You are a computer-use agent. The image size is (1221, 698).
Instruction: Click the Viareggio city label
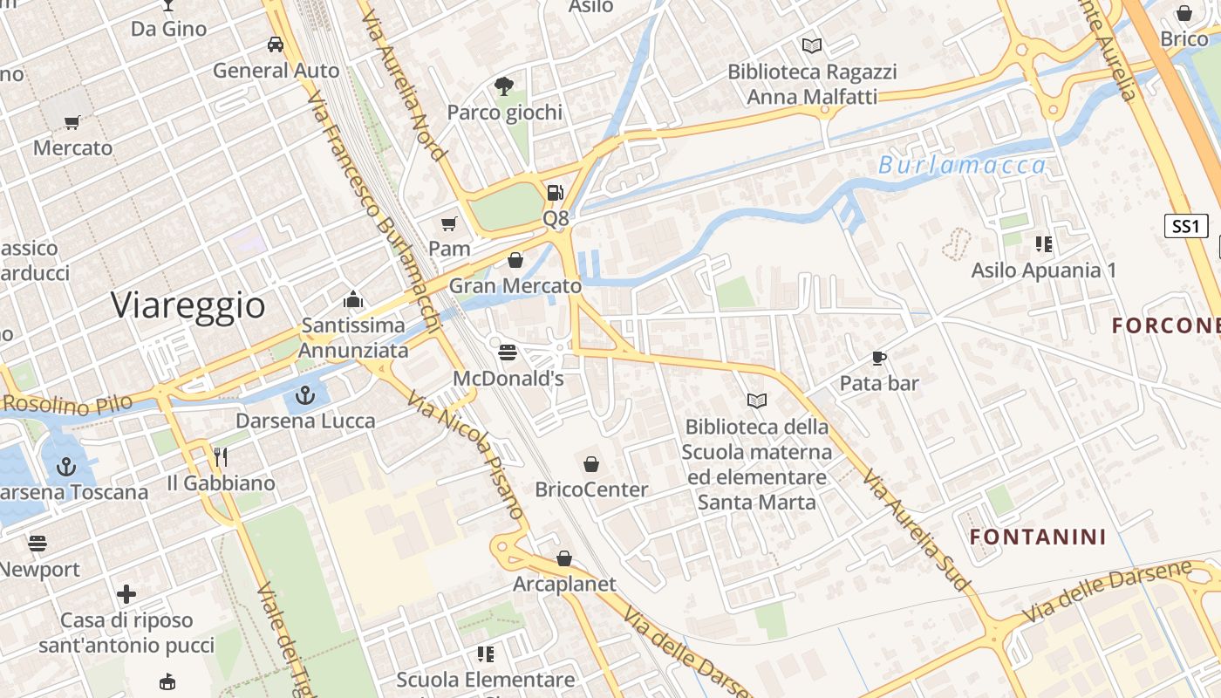point(188,305)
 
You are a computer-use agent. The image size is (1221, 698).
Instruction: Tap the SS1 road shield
point(1186,227)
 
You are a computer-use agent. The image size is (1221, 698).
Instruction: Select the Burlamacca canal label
point(962,165)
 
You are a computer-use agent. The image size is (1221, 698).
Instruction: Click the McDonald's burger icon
point(508,352)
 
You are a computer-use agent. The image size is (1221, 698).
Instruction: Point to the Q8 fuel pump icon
point(555,193)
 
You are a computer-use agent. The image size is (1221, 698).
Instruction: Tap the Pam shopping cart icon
point(449,224)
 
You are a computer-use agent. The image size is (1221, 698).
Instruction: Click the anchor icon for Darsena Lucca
point(304,396)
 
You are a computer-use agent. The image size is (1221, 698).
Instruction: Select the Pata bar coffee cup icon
point(879,358)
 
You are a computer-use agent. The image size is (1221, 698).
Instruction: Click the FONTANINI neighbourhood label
point(1038,537)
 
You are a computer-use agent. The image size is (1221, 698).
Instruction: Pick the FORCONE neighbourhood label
point(1166,325)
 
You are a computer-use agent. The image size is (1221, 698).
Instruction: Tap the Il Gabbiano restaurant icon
point(221,456)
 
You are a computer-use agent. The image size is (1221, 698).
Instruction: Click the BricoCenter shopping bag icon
point(591,463)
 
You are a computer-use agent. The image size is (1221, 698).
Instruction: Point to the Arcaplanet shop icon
point(564,558)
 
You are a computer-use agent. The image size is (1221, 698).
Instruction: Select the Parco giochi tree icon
point(503,86)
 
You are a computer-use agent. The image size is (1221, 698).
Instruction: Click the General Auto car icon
point(276,44)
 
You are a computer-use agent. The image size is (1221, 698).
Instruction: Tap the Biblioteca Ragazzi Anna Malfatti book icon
point(812,45)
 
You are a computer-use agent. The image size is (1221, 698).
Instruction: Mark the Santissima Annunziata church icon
point(353,299)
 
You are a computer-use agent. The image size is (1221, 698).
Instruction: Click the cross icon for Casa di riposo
point(126,594)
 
